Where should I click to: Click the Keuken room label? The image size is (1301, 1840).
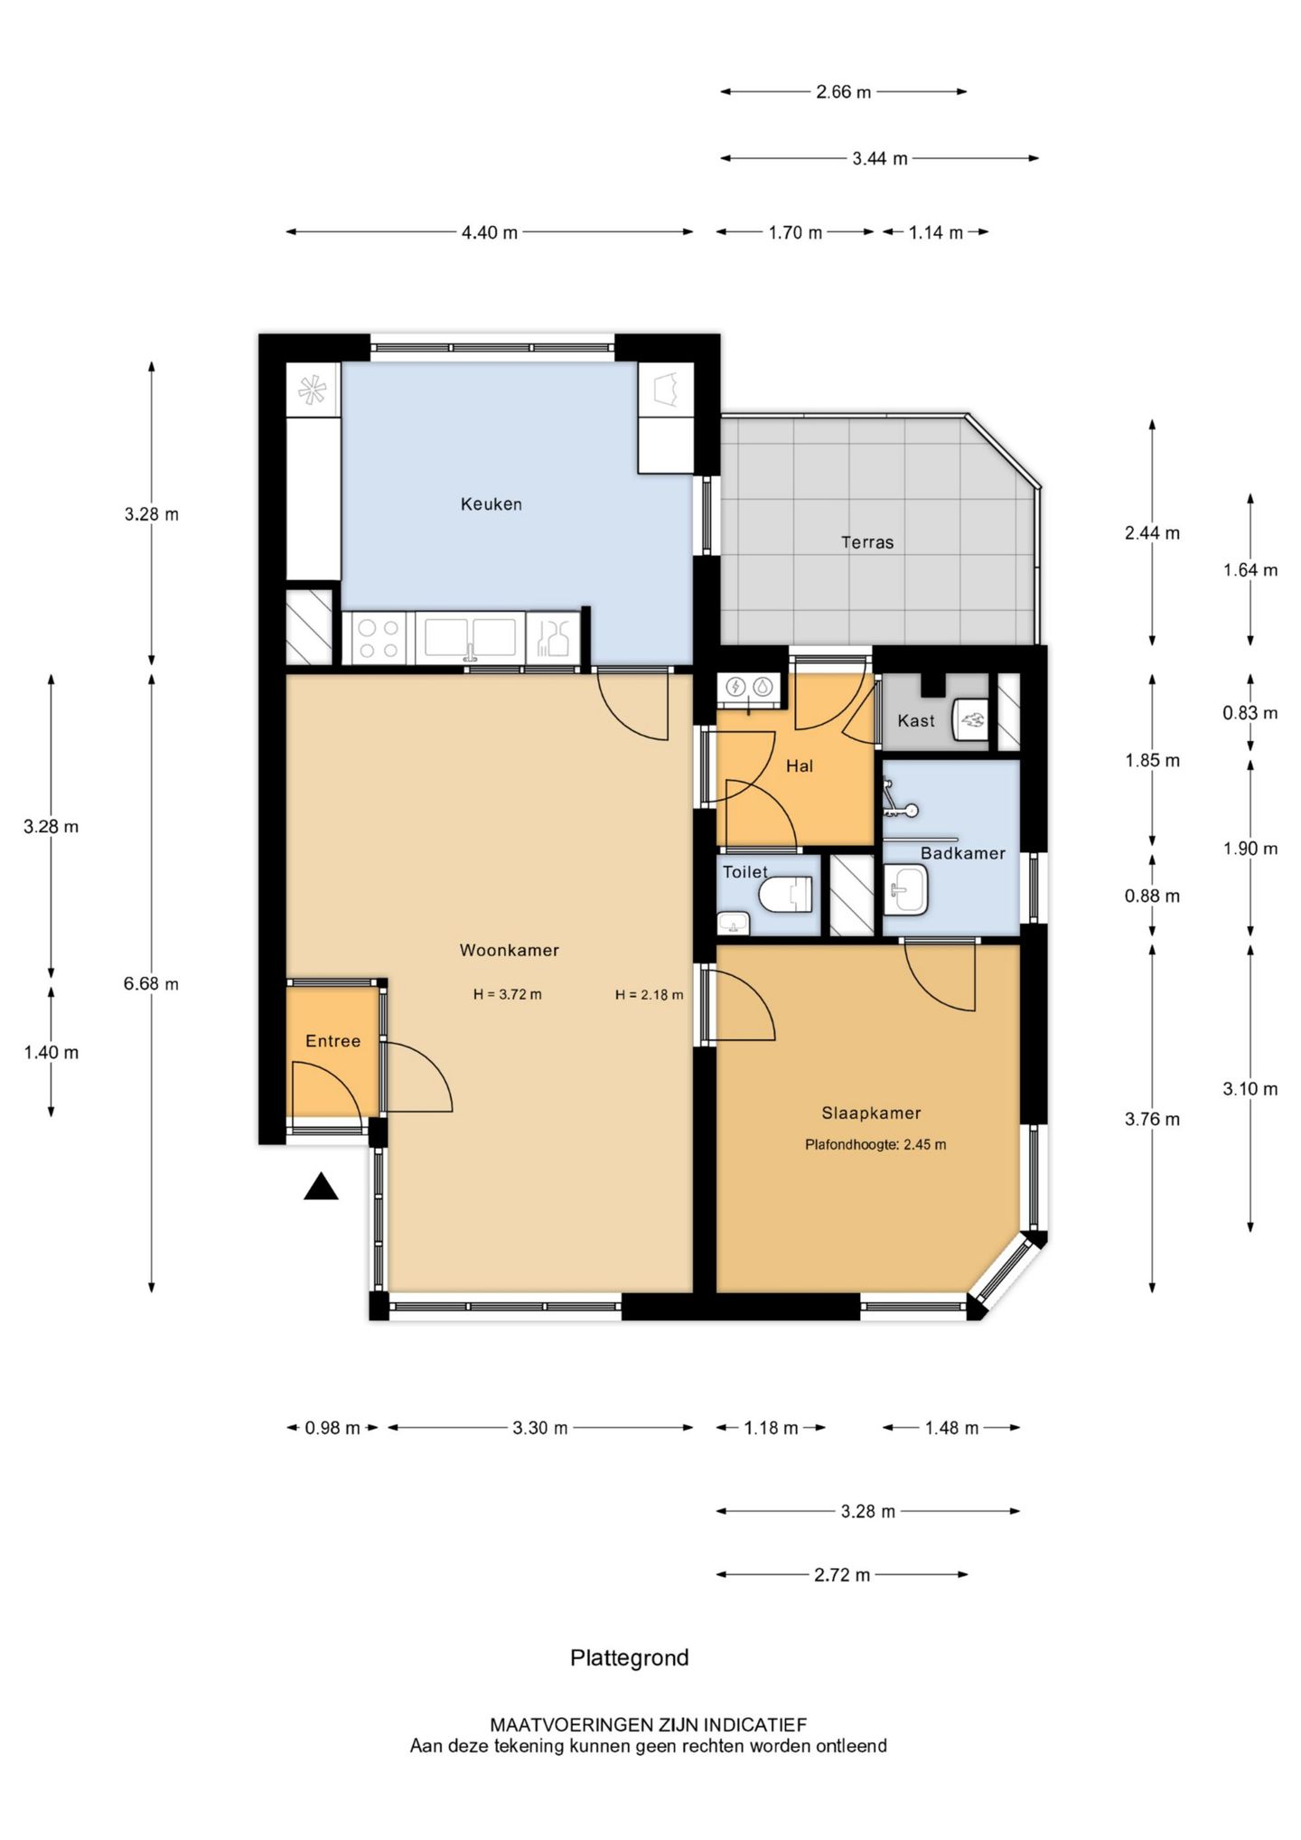tap(491, 504)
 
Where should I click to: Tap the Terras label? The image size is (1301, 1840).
tap(867, 542)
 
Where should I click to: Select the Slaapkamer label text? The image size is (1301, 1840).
tap(871, 1113)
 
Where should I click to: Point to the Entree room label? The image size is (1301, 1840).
tap(332, 1041)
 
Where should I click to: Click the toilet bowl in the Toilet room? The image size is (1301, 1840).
tap(786, 895)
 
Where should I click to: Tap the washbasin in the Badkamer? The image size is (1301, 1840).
tap(905, 889)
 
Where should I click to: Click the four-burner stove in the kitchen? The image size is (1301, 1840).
tap(378, 638)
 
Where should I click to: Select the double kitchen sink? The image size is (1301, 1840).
tap(470, 636)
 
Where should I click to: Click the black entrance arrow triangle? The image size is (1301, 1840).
tap(321, 1186)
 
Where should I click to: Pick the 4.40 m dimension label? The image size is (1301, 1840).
tap(490, 232)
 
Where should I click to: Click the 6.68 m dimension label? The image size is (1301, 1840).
tap(151, 983)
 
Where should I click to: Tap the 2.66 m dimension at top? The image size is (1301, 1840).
tap(844, 91)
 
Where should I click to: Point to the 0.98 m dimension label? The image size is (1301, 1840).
tap(332, 1428)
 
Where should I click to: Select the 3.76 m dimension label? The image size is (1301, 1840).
tap(1152, 1119)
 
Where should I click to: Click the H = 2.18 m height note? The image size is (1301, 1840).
tap(649, 995)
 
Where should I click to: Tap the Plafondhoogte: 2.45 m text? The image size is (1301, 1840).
tap(875, 1144)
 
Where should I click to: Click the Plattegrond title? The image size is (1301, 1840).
tap(629, 1657)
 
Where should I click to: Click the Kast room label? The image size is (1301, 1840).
tap(916, 720)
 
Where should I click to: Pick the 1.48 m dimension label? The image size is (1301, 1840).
tap(951, 1428)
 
